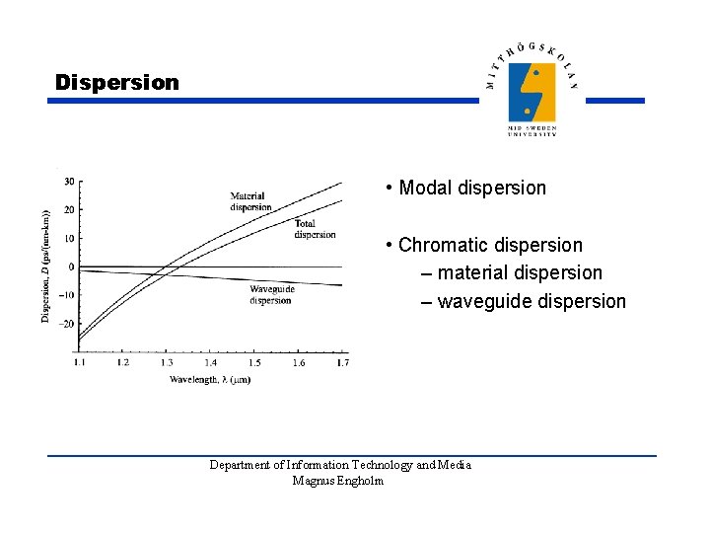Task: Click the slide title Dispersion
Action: coord(117,83)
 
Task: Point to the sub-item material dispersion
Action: coord(519,272)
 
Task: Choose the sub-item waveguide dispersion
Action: coord(531,301)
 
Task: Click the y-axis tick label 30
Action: coord(69,182)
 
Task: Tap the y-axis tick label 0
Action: coord(71,266)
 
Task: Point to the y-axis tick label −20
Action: coord(67,324)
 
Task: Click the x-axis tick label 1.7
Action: coord(341,364)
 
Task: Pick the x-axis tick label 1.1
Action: coord(79,364)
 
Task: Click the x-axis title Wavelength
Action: coord(209,379)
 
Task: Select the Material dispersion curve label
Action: coord(250,201)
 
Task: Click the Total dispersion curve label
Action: coord(315,229)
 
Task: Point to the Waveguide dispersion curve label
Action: coord(271,294)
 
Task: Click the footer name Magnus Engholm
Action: coord(338,481)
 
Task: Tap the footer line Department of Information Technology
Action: coord(339,465)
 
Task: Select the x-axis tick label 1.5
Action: coord(253,364)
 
